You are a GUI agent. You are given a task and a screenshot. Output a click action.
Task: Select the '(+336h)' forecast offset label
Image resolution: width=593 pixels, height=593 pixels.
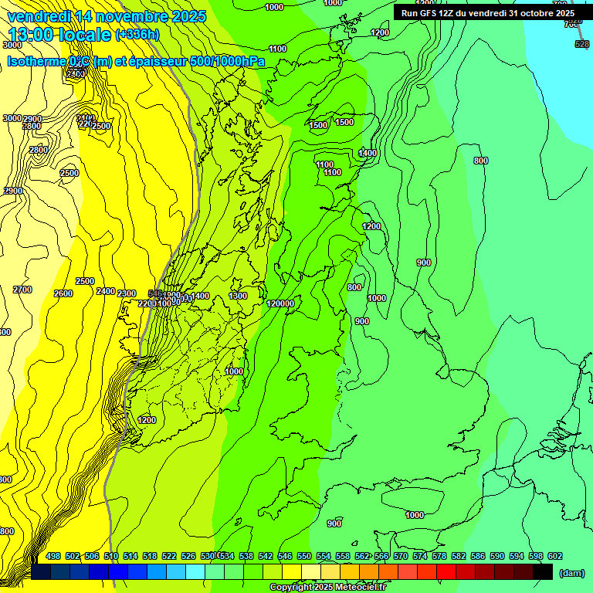point(137,35)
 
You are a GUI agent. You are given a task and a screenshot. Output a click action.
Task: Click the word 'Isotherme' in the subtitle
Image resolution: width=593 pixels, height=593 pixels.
point(36,61)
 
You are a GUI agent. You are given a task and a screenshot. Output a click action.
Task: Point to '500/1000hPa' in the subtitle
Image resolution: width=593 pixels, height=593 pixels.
point(228,61)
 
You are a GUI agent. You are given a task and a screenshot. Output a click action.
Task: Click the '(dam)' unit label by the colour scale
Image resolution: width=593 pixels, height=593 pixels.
point(571,573)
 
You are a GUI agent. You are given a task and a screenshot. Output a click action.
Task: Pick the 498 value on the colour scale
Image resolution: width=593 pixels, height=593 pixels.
point(53,556)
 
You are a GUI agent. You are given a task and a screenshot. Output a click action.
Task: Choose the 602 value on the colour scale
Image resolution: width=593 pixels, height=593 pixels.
point(555,556)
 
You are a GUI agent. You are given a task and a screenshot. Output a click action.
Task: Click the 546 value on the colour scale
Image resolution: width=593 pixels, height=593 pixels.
point(285,556)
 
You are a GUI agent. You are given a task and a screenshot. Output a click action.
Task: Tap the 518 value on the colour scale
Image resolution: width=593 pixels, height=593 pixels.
point(150,556)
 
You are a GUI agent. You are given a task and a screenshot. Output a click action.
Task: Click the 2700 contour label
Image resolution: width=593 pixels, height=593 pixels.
point(22,290)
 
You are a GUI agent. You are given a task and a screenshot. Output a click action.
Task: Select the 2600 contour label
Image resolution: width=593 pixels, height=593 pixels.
point(63,293)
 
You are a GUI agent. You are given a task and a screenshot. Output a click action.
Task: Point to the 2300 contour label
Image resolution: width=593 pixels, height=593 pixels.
point(127,293)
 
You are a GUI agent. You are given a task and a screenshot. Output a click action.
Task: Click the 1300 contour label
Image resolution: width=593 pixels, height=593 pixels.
point(238,296)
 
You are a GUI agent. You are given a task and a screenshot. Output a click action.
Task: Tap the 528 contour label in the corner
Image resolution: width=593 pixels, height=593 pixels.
point(581,44)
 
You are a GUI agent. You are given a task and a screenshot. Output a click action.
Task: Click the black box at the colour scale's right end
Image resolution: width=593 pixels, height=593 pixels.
point(543,571)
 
